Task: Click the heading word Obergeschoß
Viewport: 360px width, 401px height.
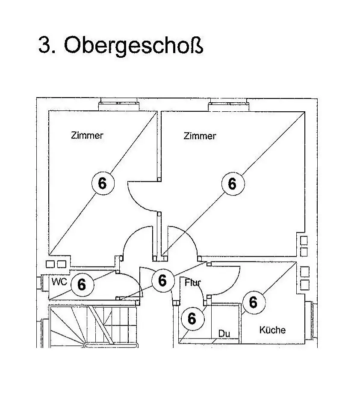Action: pos(133,45)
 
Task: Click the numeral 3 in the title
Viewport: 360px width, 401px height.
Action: pos(44,45)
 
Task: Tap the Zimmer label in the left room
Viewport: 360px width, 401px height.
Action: pos(87,136)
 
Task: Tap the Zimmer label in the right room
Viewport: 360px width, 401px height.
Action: pos(200,136)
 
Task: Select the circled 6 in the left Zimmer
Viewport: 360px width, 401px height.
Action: pos(102,183)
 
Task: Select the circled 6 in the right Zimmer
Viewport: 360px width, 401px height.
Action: pos(232,184)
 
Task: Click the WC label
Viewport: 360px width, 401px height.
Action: pos(59,282)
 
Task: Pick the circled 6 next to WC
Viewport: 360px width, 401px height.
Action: pos(81,284)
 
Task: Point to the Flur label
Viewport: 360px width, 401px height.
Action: pos(193,283)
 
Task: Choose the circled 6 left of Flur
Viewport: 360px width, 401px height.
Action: pos(162,280)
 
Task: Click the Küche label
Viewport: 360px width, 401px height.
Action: pos(272,330)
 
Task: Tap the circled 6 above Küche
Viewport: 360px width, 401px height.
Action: pos(253,302)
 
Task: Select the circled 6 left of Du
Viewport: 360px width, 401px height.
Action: pos(192,318)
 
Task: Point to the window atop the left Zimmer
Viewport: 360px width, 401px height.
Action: pos(119,104)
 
